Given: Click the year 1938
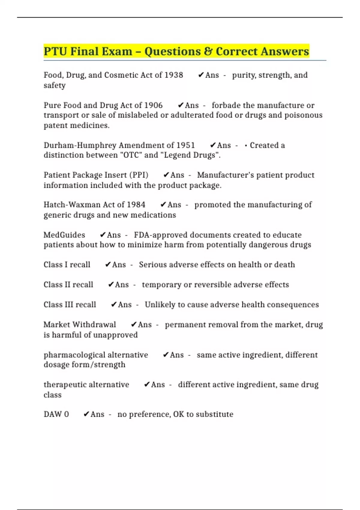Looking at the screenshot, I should (x=174, y=75).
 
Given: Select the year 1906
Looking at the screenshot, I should (x=153, y=105).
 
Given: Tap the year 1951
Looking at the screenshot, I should (x=185, y=145).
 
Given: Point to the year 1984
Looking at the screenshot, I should (x=136, y=205).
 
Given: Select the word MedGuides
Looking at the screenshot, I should (x=64, y=235).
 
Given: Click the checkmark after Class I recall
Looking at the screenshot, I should (x=108, y=265).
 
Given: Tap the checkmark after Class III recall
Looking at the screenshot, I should (x=114, y=304).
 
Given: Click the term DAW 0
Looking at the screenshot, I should (x=56, y=414).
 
